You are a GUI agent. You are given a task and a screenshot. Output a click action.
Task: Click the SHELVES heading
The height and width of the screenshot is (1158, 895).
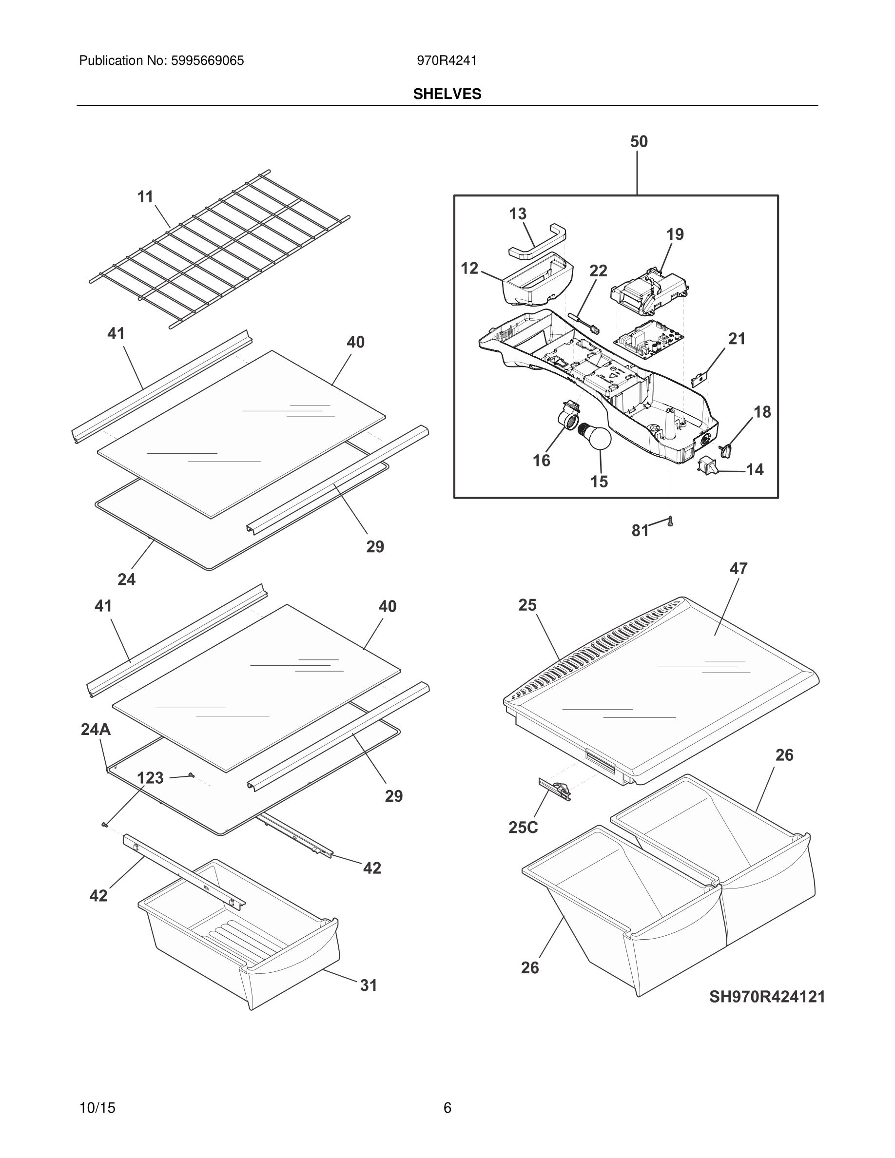[447, 94]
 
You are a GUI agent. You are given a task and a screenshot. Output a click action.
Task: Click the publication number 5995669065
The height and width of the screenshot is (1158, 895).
[207, 61]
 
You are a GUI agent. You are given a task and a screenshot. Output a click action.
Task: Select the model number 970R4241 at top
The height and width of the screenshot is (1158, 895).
[447, 61]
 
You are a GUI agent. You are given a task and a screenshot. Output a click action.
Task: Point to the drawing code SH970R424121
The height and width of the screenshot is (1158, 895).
[767, 997]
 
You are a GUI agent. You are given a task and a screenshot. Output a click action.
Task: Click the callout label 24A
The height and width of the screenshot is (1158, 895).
[96, 730]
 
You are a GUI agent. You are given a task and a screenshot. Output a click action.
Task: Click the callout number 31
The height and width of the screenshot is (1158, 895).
[369, 985]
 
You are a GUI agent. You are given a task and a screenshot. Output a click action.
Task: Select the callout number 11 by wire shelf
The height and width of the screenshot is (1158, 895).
[145, 197]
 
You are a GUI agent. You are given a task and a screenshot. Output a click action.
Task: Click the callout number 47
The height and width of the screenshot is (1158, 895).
[738, 568]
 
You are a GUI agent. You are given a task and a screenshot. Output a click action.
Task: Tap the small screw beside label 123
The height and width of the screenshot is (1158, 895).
[192, 775]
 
